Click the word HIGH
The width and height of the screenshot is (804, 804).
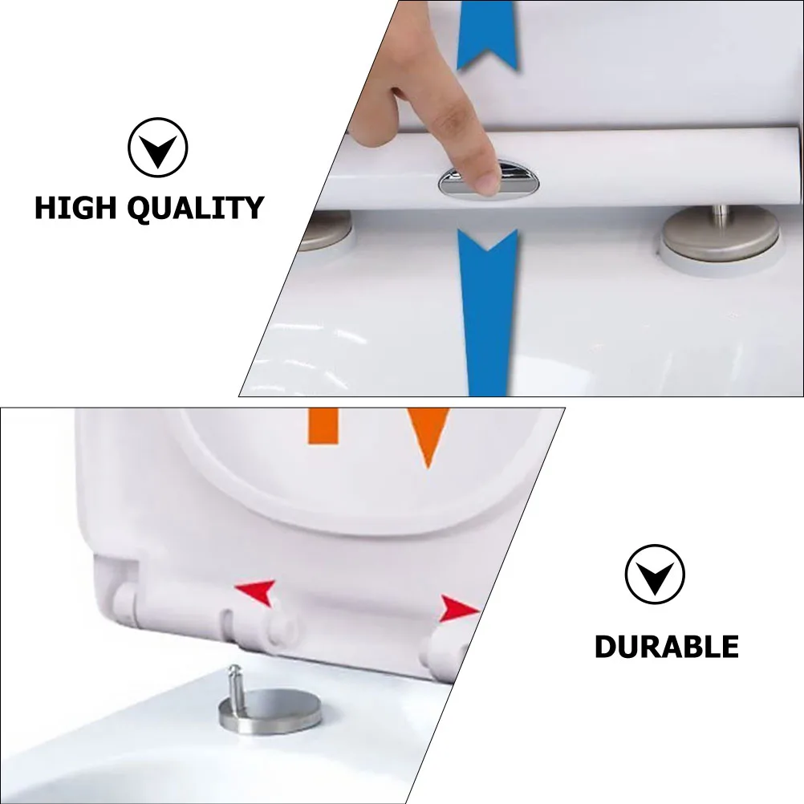[x=74, y=208]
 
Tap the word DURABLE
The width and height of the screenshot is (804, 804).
[x=666, y=646]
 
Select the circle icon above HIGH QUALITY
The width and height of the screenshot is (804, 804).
[x=157, y=148]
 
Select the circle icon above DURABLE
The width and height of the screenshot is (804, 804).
[x=655, y=575]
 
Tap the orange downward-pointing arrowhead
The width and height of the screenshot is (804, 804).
[x=427, y=433]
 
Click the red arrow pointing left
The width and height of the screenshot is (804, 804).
[x=257, y=592]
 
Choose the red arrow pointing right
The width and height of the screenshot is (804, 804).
[x=458, y=609]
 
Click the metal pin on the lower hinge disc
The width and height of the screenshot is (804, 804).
[x=235, y=681]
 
